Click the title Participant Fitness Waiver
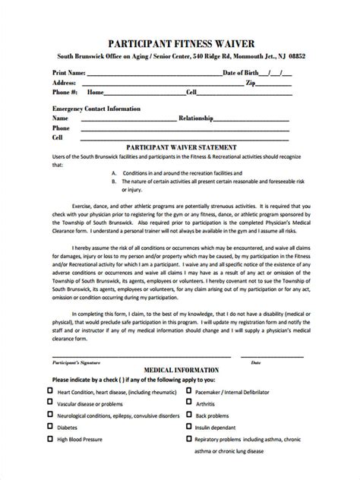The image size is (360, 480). coord(179,43)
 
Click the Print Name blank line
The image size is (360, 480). coord(152,74)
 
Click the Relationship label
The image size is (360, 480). coord(200,119)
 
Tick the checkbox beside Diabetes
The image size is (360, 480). coord(50,428)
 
